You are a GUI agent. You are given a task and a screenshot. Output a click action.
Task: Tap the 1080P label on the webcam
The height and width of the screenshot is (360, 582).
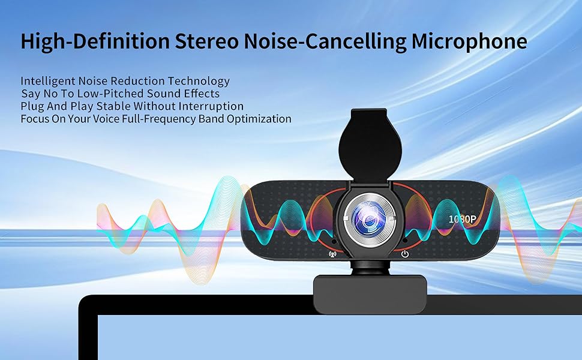coord(463,219)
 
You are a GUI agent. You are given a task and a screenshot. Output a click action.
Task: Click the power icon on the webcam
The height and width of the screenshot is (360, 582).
coord(406,254)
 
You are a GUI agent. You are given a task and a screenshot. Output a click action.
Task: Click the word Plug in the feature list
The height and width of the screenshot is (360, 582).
coord(31,106)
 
